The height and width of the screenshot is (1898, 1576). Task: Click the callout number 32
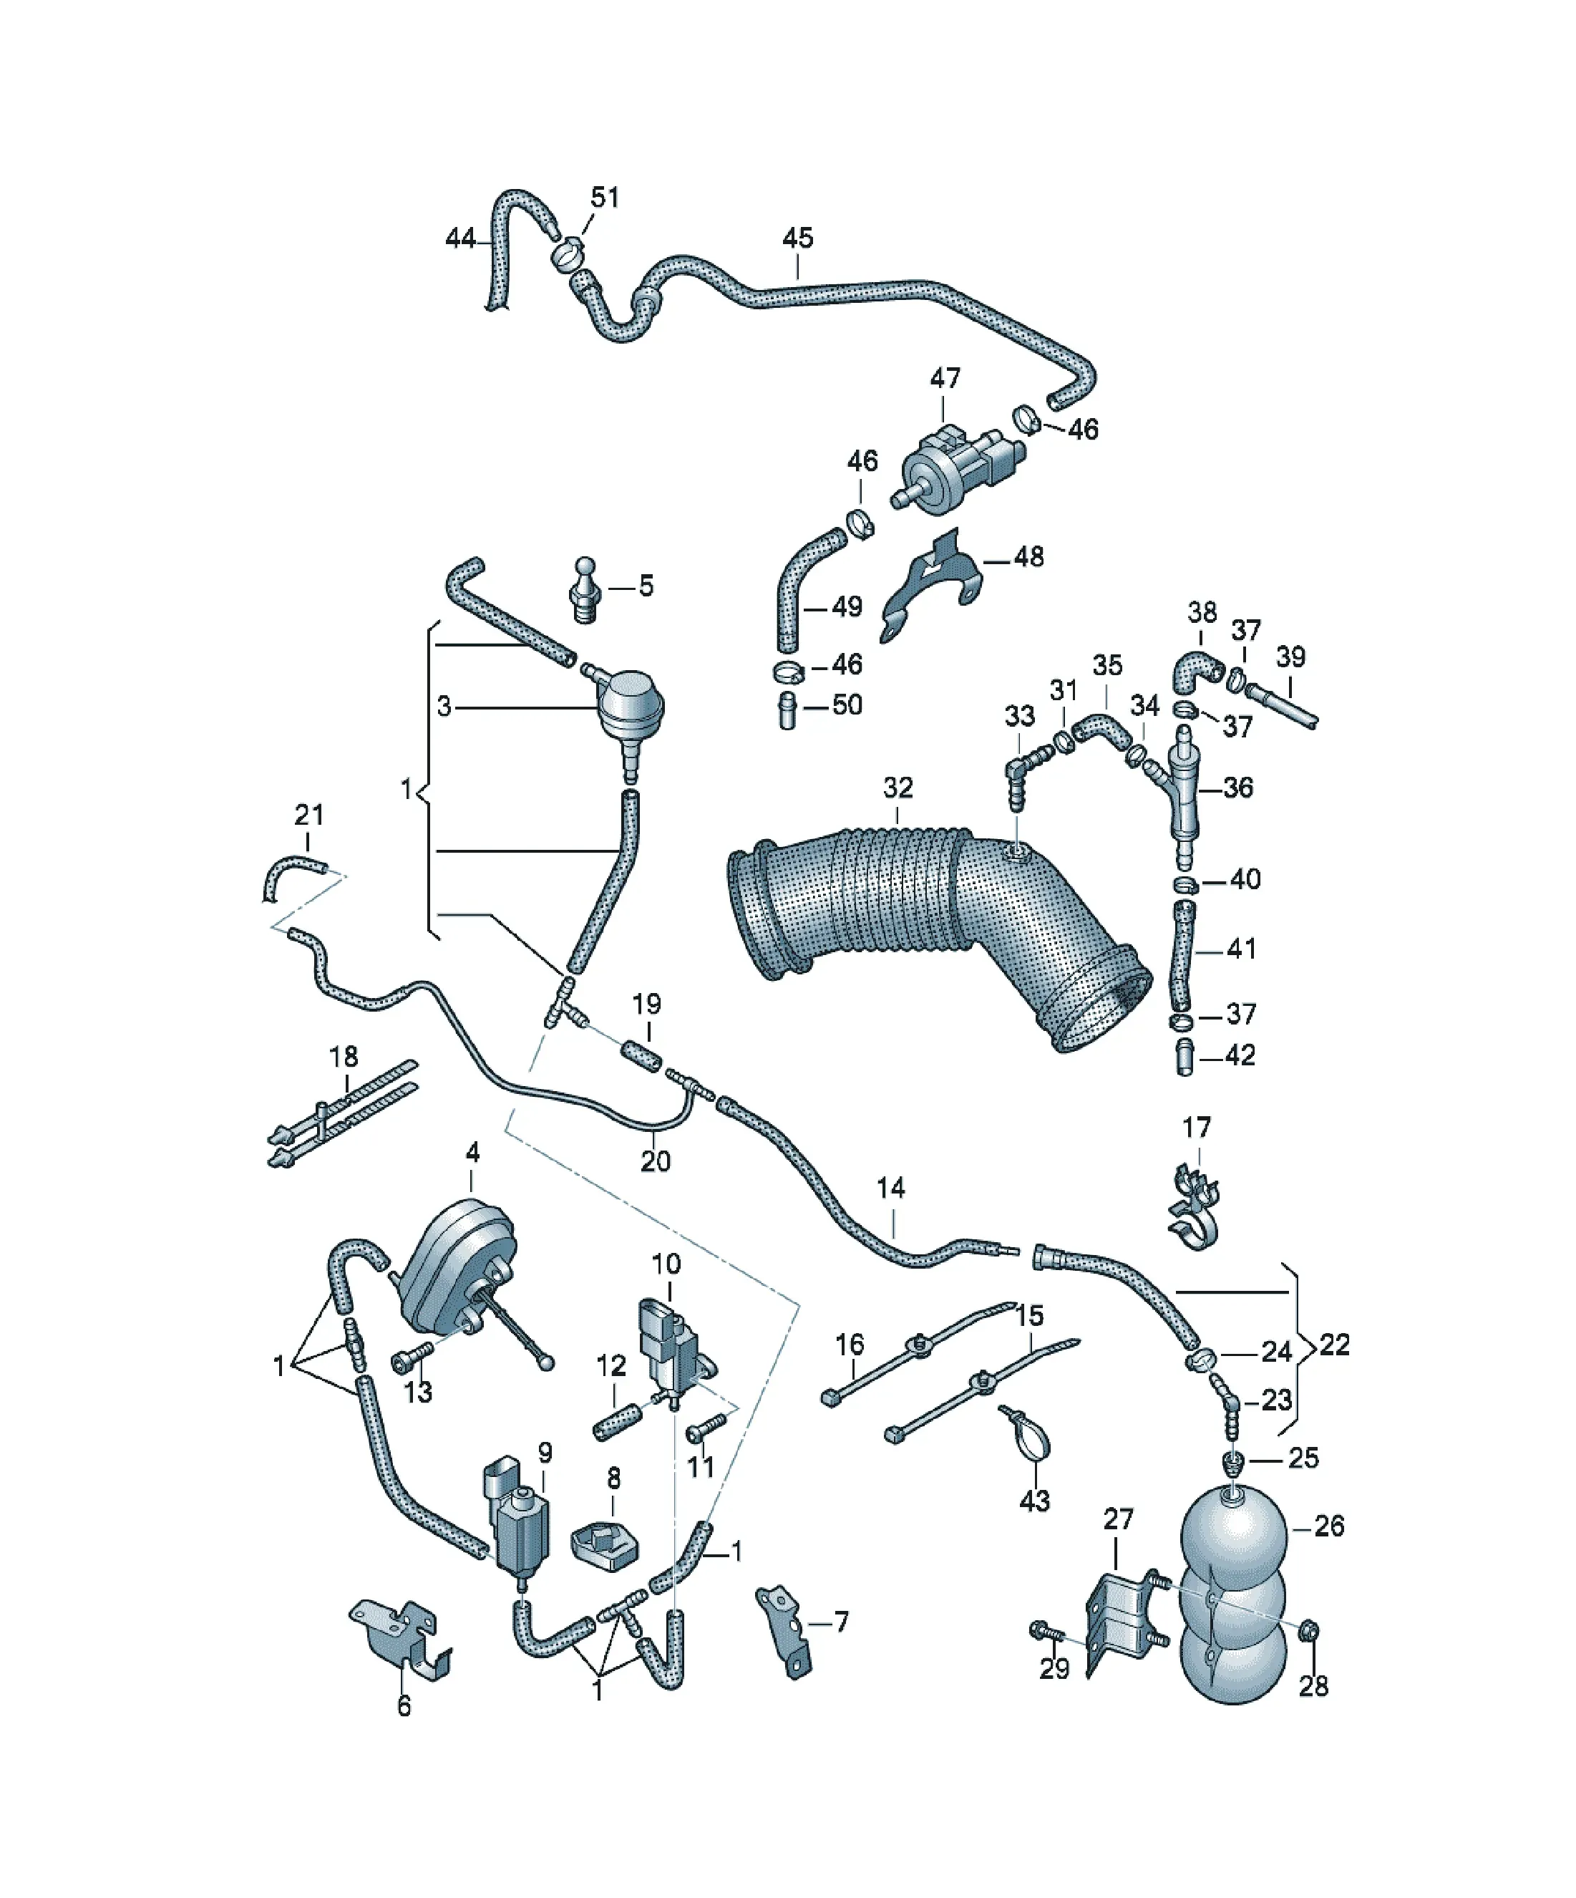tap(898, 788)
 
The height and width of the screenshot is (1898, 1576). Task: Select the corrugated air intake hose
tap(940, 931)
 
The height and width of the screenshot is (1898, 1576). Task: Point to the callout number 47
tap(945, 378)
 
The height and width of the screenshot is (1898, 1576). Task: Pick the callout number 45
tap(797, 238)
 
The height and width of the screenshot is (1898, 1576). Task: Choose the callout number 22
tap(1334, 1370)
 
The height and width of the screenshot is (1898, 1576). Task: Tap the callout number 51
tap(605, 197)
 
